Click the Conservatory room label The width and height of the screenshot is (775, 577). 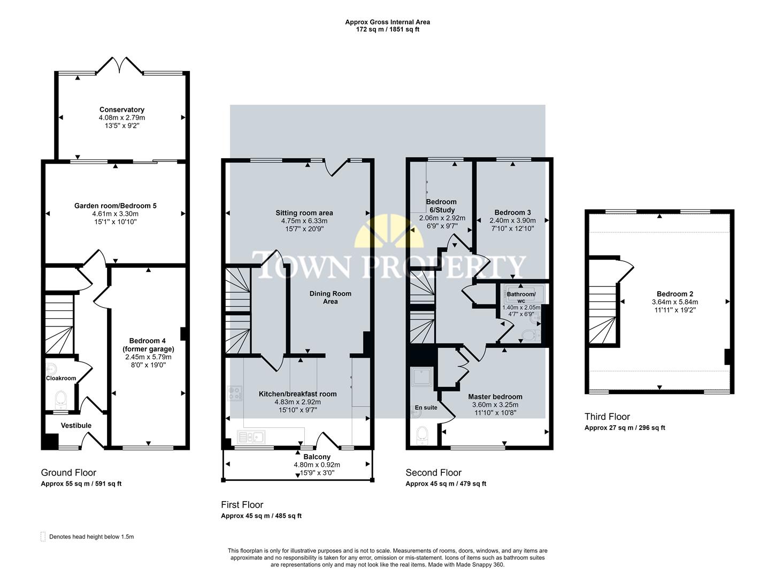tap(122, 110)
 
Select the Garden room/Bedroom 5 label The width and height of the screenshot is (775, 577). tap(116, 206)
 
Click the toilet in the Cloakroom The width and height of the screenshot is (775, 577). tap(61, 398)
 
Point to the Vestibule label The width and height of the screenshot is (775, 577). tap(76, 425)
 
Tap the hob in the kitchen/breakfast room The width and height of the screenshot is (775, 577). tap(234, 393)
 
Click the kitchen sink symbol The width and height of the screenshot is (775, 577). tap(251, 438)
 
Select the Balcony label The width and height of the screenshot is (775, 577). tap(317, 457)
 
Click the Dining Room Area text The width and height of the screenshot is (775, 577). tap(331, 298)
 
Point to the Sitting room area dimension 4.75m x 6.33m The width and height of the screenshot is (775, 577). tap(304, 221)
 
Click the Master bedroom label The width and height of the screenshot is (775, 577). tap(495, 396)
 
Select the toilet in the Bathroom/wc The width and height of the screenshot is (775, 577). tap(528, 335)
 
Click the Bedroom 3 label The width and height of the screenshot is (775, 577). tap(512, 212)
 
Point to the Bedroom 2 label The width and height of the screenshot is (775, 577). tap(675, 294)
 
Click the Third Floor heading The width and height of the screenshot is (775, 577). tap(607, 417)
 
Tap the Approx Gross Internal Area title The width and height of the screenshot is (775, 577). tap(387, 22)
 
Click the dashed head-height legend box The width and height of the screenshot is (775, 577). tap(43, 536)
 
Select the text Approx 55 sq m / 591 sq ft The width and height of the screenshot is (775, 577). tap(81, 484)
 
